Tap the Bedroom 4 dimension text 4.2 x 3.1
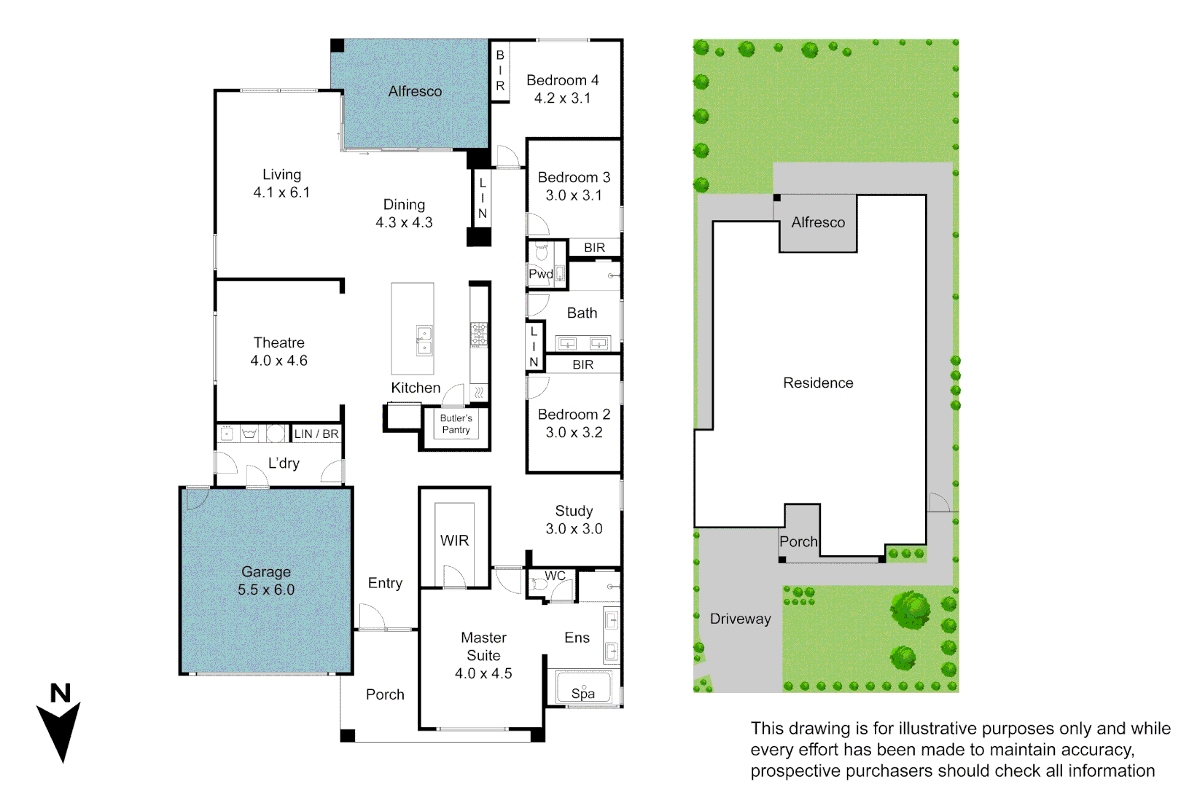562,98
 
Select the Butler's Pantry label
456,424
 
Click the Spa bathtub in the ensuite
583,689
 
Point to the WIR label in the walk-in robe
454,541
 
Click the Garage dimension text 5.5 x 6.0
266,590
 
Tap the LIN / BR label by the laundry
316,434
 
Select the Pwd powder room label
540,274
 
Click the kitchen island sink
424,340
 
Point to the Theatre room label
278,342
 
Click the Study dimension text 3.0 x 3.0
574,529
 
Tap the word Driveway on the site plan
740,619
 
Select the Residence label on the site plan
818,383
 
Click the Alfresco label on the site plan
818,222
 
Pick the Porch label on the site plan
798,541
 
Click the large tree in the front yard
910,609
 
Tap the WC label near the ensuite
555,576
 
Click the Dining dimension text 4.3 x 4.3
404,223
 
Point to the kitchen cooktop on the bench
478,334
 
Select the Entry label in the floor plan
385,583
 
